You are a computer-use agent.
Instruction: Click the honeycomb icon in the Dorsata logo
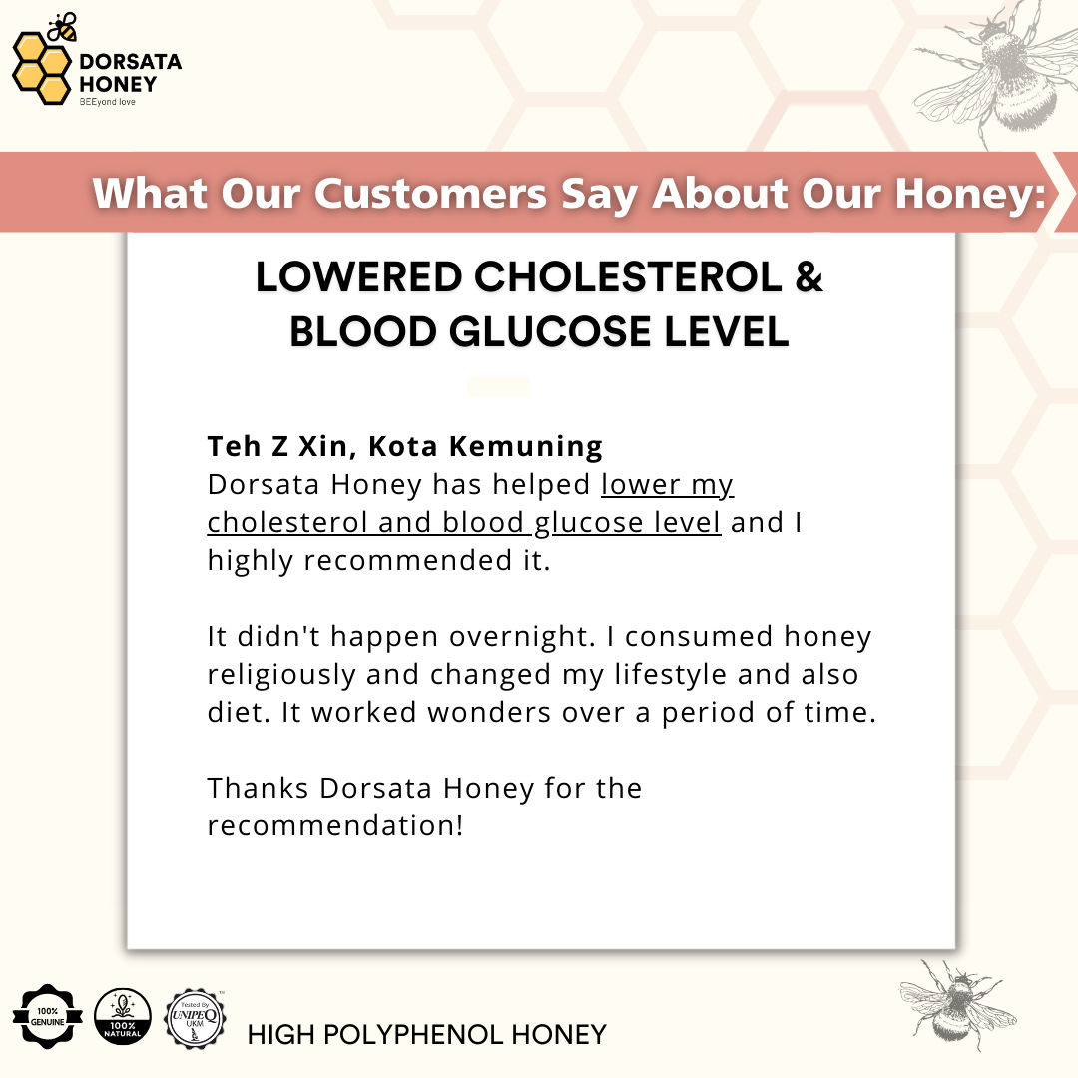coord(41,69)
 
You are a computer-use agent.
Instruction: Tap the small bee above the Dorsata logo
coord(63,27)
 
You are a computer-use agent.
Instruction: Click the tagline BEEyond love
coord(107,102)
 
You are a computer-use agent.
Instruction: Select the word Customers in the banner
coord(431,193)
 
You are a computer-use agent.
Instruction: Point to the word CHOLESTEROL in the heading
coord(628,277)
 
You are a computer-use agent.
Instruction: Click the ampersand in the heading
coord(808,277)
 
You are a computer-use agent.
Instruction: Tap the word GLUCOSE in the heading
coord(551,332)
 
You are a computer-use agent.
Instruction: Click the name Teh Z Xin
coord(281,447)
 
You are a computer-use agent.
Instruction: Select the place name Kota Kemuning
coord(485,447)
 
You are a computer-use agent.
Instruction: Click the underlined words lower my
coord(667,485)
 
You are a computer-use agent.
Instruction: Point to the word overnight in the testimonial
coord(521,637)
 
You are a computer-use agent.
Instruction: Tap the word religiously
coord(281,675)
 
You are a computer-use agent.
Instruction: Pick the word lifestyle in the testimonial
coord(671,675)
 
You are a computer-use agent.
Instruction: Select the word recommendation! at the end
coord(335,825)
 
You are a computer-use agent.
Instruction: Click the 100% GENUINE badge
coord(48,1017)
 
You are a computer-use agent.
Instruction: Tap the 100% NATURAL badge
coord(123,1017)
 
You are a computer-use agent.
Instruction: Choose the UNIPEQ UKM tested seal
coord(195,1019)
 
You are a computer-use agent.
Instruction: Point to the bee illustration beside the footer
coord(957,1001)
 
